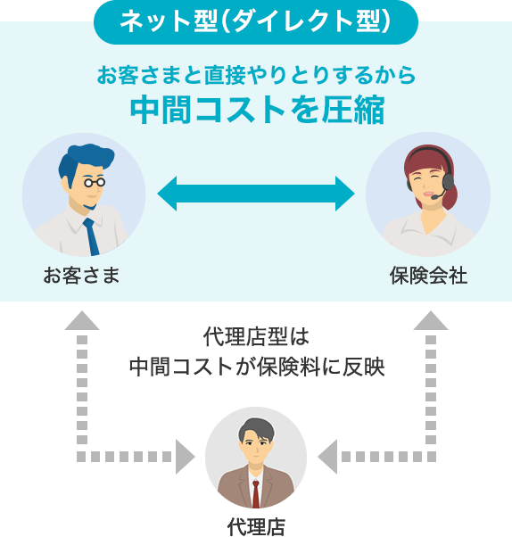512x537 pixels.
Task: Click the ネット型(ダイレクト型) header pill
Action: pos(256,22)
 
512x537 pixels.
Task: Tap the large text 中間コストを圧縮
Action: pos(257,110)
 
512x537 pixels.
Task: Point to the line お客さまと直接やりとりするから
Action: pos(256,75)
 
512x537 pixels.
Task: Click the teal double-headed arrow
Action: pos(256,194)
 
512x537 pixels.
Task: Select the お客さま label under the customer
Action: pos(81,276)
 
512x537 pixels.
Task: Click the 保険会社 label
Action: pos(428,276)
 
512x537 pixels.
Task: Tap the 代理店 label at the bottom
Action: pos(256,526)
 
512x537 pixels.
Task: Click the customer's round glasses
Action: pos(95,182)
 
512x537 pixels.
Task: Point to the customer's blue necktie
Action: pos(92,236)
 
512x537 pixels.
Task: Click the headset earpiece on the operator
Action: pos(448,181)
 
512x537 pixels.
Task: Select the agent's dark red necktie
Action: pos(256,494)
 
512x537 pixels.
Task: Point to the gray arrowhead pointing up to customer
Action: pos(82,320)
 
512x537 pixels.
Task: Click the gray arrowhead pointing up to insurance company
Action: pos(431,320)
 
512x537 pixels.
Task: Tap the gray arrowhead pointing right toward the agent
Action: pos(186,457)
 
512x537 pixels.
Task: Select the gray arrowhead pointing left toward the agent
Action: pos(327,457)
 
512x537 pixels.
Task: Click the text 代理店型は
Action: pos(256,337)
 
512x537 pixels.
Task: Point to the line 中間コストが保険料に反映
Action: pos(257,368)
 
